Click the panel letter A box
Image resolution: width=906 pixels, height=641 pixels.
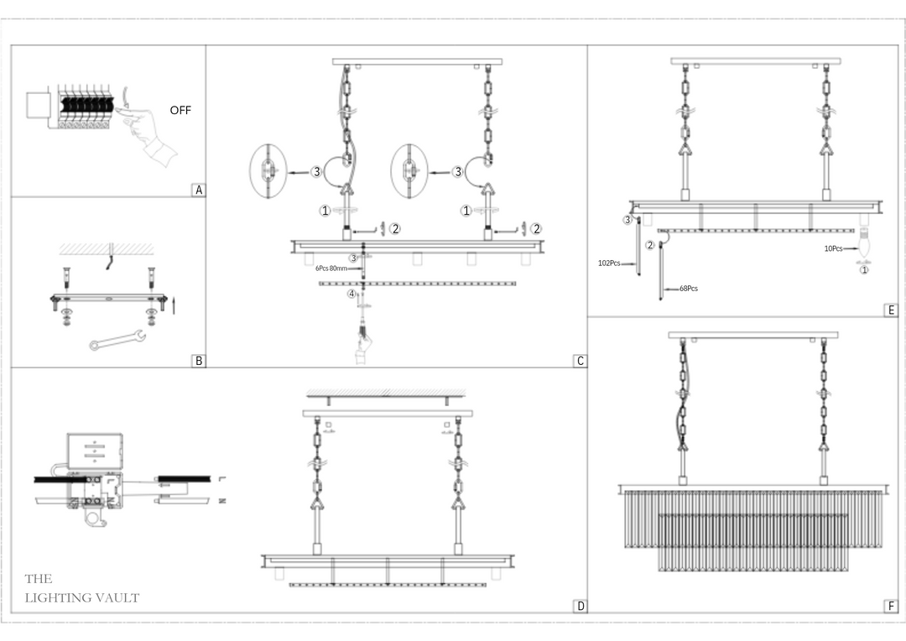click(x=199, y=190)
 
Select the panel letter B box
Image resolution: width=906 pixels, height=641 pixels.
click(x=199, y=362)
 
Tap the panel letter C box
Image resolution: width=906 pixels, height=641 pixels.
click(x=580, y=362)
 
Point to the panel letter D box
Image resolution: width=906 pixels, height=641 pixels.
click(x=580, y=607)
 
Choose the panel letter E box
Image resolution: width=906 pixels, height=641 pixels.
click(x=891, y=310)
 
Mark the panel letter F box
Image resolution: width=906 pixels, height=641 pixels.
click(x=891, y=607)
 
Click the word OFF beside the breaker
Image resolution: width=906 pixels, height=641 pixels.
click(x=180, y=110)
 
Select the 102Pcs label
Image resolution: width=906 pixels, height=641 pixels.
click(x=609, y=263)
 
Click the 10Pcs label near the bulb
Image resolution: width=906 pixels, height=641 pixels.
click(x=834, y=249)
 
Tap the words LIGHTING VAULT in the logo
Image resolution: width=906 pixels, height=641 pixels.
click(x=82, y=598)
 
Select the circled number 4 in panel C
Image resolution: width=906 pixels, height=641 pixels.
click(x=352, y=294)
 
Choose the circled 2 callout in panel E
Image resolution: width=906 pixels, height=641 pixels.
click(x=649, y=245)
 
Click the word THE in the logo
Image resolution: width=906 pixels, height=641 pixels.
click(x=39, y=579)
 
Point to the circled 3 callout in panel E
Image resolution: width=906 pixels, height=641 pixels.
click(x=627, y=220)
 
